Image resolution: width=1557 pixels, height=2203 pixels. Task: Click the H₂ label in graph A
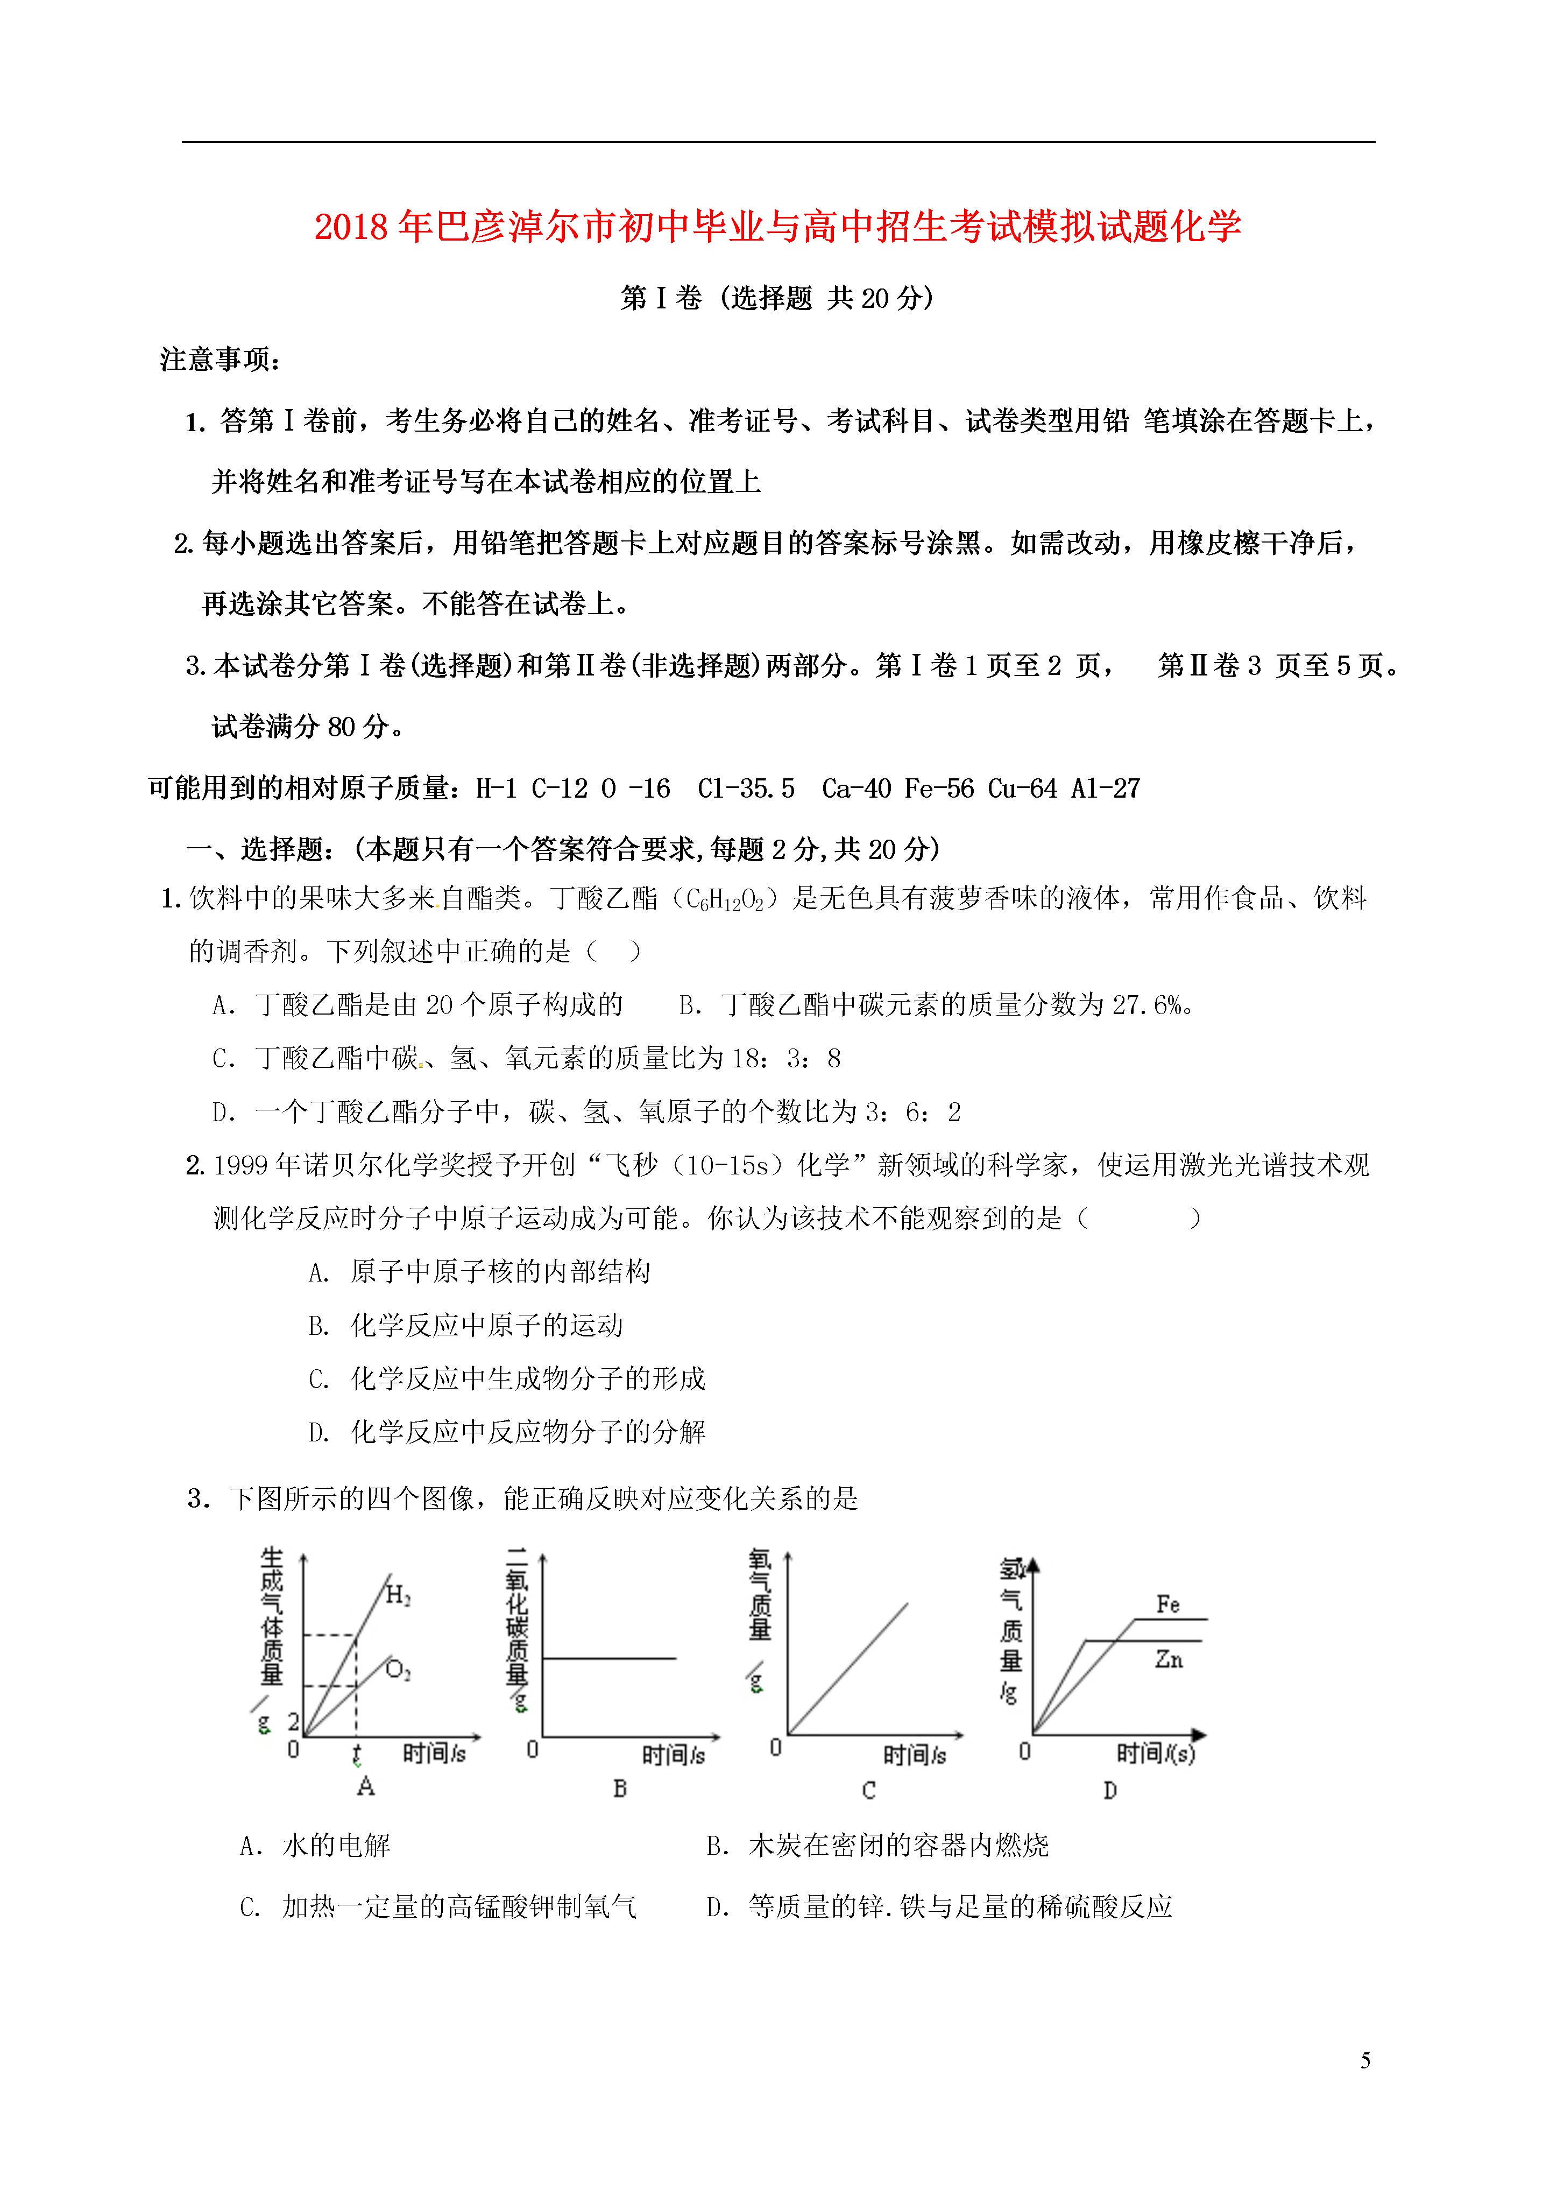click(x=397, y=1596)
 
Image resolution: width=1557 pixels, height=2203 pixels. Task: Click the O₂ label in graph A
click(x=397, y=1671)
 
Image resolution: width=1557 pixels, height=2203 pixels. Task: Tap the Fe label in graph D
click(x=1167, y=1604)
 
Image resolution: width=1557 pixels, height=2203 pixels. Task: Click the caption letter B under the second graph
click(x=620, y=1789)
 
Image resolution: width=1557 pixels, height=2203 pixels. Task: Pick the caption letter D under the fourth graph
click(x=1110, y=1790)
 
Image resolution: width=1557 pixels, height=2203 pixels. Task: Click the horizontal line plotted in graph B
click(x=609, y=1658)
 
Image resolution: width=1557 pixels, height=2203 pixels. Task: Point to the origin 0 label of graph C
click(x=775, y=1748)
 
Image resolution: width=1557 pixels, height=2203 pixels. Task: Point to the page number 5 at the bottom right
click(x=1365, y=2060)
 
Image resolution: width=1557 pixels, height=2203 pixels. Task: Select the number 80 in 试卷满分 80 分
click(x=342, y=726)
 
